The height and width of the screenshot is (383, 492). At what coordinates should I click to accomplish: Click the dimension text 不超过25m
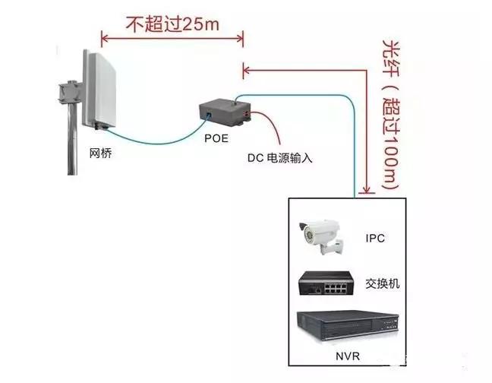[x=172, y=24]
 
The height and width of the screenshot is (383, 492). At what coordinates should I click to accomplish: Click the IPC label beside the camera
[x=375, y=238]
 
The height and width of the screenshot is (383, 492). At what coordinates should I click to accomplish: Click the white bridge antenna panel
[x=99, y=87]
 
